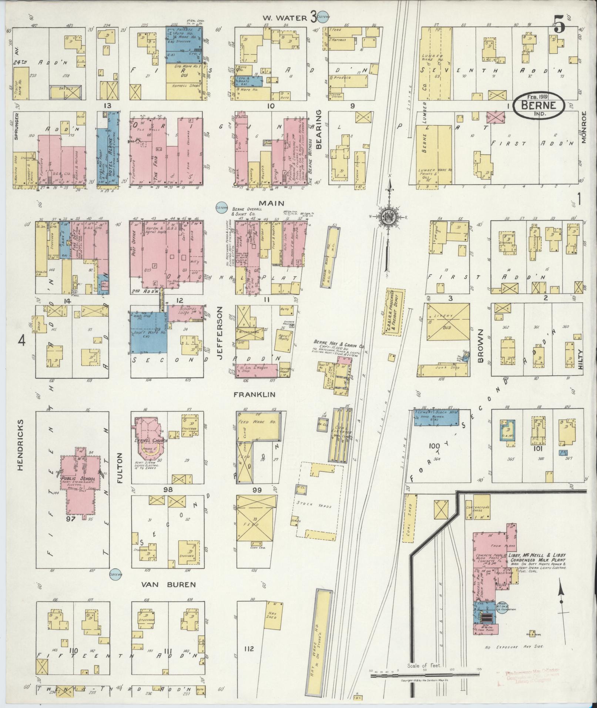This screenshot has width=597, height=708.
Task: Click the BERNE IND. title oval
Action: point(539,105)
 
